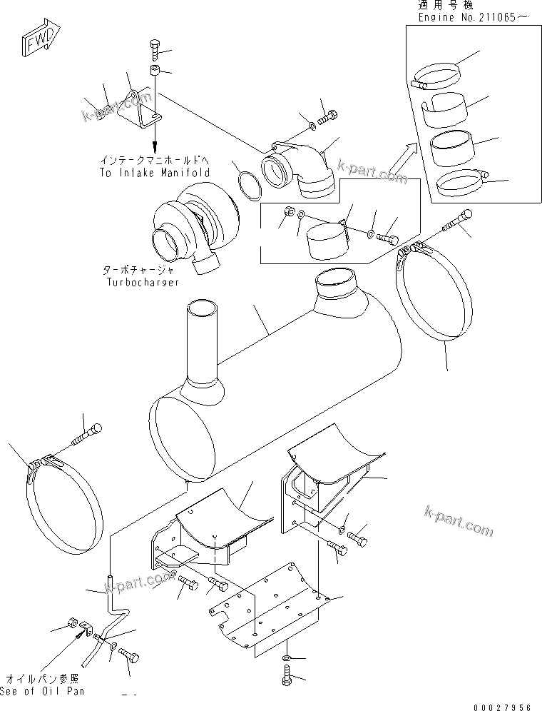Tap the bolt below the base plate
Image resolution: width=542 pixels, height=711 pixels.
(x=288, y=675)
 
